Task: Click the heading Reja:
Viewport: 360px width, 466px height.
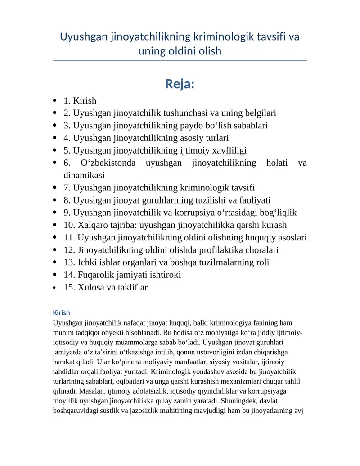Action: point(180,84)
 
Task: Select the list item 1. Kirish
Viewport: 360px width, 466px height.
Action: point(80,100)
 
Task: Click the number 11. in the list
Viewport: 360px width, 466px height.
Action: point(69,237)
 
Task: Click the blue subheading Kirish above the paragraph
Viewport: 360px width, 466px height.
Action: point(61,312)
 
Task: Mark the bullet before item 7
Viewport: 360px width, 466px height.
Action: point(55,188)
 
